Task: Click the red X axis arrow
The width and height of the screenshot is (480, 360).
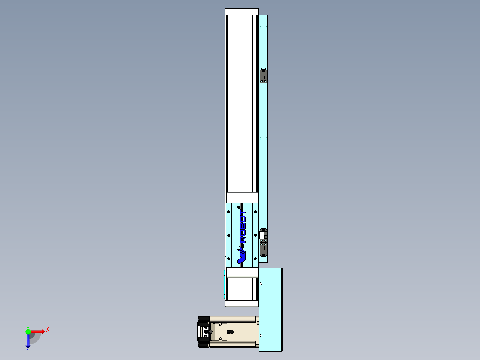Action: [37, 331]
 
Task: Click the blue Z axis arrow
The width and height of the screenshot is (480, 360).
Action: [28, 341]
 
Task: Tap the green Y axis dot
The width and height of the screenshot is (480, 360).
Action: [28, 331]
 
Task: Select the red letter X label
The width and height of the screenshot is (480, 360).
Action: [48, 330]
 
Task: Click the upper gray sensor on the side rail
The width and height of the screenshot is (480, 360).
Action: [264, 76]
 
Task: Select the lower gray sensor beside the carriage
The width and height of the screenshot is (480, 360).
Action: [264, 242]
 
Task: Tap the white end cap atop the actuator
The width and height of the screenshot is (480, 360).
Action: [242, 12]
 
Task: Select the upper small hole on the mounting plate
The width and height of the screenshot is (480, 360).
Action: [261, 284]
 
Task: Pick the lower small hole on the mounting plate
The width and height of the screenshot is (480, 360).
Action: [261, 335]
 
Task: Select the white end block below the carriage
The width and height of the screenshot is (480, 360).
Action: [242, 272]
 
